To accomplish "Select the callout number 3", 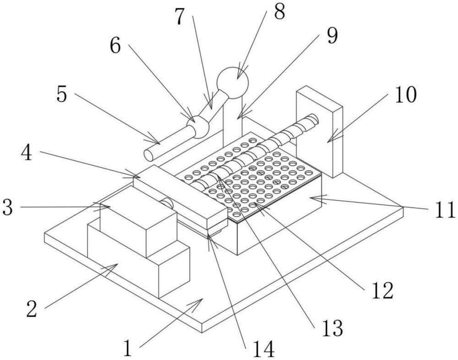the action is [x=7, y=207].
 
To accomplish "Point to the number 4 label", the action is [x=27, y=152].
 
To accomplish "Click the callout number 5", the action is [x=62, y=94].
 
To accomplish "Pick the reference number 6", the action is [x=115, y=45].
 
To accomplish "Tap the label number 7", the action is [x=180, y=16].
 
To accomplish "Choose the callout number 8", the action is [x=279, y=11].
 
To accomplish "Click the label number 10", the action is [x=406, y=94].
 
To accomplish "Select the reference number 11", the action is [x=445, y=209].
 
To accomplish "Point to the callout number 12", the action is [x=382, y=290].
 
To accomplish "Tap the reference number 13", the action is [x=332, y=328].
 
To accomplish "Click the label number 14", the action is [x=264, y=349].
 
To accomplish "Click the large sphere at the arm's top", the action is [x=233, y=83].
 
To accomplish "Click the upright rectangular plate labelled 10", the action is [x=319, y=132].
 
